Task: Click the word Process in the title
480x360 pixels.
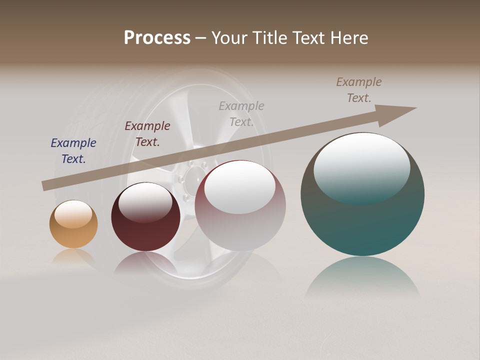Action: tap(157, 38)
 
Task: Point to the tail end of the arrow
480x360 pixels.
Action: tap(46, 185)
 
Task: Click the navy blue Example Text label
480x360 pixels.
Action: tap(73, 151)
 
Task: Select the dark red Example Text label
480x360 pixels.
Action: tap(147, 134)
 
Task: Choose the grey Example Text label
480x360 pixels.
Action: tap(241, 114)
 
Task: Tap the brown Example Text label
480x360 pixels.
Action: tap(359, 90)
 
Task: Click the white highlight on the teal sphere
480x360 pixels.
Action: tap(361, 165)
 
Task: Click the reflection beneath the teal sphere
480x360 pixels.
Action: tap(362, 277)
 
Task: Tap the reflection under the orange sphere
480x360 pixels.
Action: tap(73, 257)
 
